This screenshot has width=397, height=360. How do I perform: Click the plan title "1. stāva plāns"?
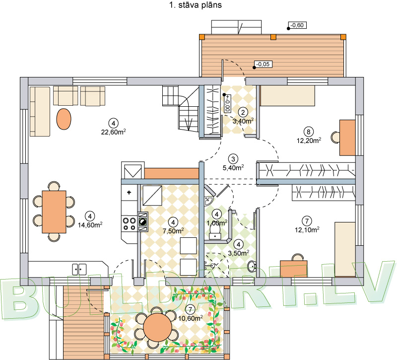[195, 5]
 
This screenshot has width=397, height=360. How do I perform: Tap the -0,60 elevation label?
[297, 25]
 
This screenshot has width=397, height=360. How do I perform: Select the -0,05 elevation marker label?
[263, 65]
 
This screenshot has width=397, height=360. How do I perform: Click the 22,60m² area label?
[114, 132]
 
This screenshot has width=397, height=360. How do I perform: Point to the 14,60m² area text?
[90, 225]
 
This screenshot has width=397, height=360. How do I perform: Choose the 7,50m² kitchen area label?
[173, 231]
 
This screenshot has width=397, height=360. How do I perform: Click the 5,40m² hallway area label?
[233, 167]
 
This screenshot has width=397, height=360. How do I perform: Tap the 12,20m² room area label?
[309, 141]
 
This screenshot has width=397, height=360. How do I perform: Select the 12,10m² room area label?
[307, 230]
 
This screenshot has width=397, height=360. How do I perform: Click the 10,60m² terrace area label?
[191, 318]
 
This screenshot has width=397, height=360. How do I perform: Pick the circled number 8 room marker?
[308, 132]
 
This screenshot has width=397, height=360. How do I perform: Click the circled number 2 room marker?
[243, 113]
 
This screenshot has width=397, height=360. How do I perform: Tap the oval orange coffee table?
[64, 119]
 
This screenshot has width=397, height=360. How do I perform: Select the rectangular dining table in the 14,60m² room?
[54, 212]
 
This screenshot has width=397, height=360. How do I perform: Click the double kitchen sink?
[79, 269]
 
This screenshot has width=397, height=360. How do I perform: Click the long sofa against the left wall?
[40, 112]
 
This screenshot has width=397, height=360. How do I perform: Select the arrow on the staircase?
[188, 120]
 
